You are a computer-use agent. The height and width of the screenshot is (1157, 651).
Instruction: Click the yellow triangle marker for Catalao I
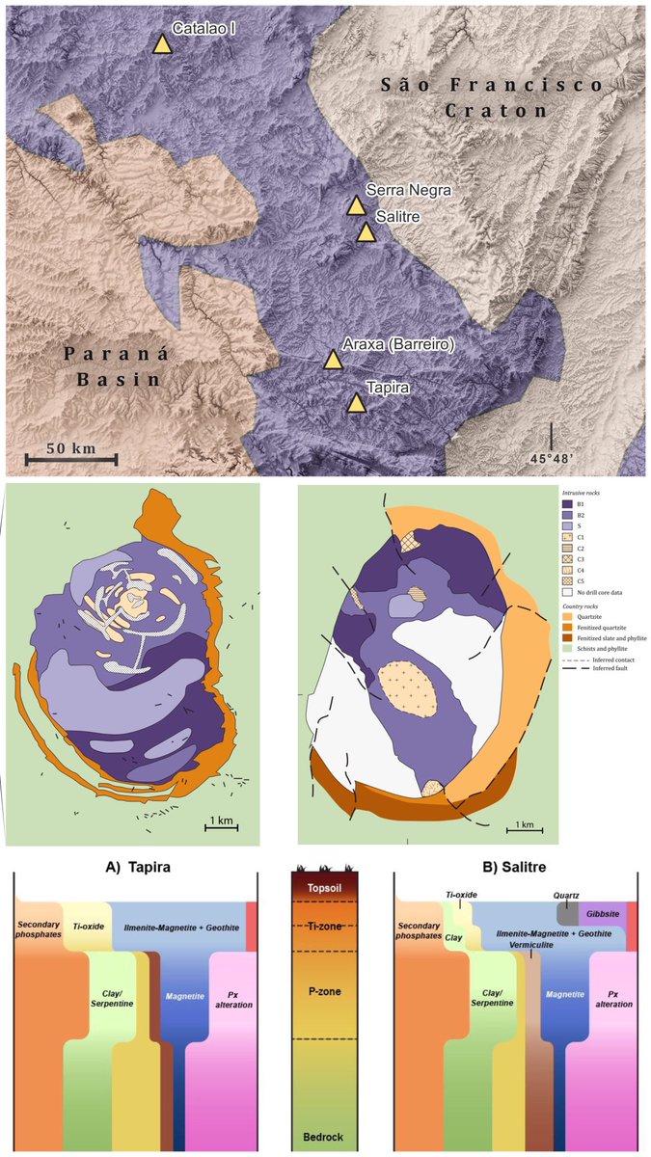coord(163,43)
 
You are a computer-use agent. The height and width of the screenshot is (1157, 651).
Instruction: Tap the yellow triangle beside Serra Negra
coord(356,205)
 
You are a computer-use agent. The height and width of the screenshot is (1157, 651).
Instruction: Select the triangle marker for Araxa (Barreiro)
coord(333,360)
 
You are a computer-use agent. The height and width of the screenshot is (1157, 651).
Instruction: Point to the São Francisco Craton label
coord(492,97)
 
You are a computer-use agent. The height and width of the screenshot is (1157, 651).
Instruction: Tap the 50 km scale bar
coord(70,458)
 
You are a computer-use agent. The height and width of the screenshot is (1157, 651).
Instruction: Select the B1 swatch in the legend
coord(567,503)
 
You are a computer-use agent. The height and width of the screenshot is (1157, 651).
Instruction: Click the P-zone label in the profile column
coord(325,991)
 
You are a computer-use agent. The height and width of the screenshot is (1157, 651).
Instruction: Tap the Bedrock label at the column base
coord(325,1137)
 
